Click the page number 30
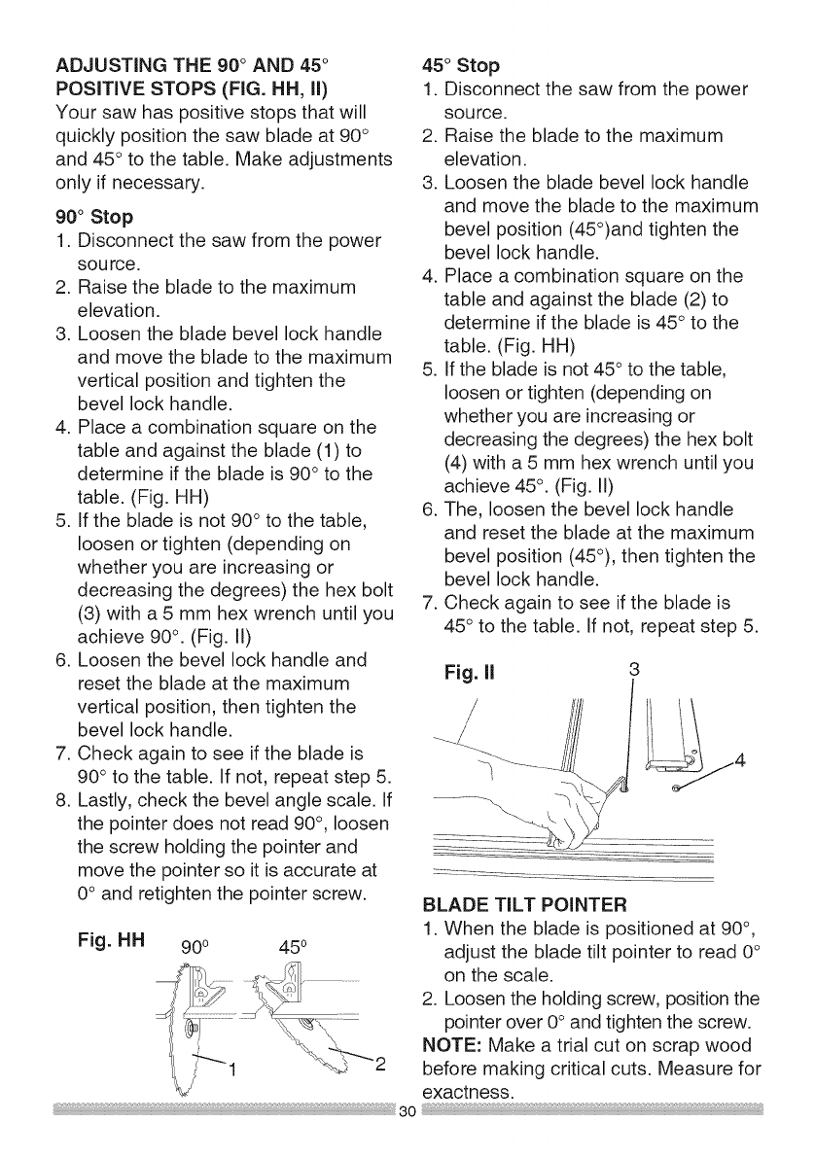(x=407, y=1139)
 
